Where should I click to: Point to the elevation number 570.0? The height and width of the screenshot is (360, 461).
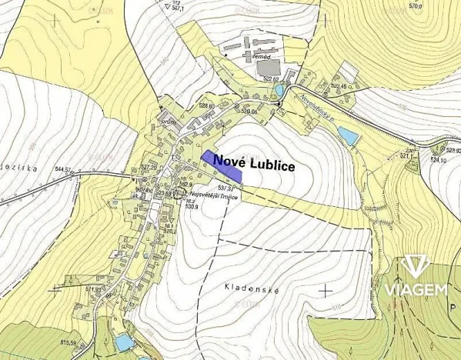(x=416, y=5)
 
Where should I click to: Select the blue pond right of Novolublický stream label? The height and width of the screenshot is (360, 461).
(x=348, y=137)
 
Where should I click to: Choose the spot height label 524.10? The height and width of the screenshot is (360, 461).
(x=438, y=160)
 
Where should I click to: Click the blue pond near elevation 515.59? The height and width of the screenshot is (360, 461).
(x=123, y=342)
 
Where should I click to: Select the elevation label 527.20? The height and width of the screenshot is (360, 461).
(x=148, y=167)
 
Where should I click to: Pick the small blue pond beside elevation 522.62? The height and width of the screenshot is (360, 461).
(x=278, y=91)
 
